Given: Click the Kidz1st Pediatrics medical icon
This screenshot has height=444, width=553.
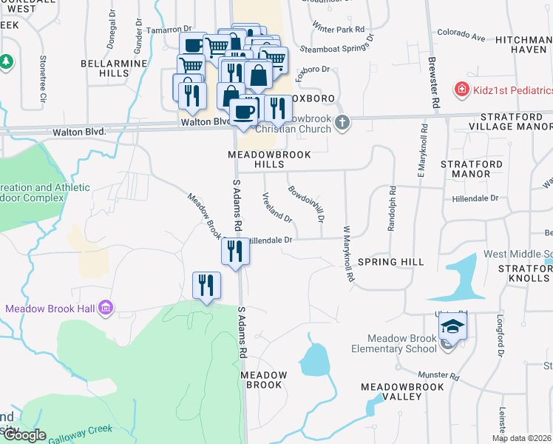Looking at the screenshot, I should coord(461,89).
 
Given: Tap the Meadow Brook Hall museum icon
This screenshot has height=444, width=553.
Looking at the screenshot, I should coord(106,307).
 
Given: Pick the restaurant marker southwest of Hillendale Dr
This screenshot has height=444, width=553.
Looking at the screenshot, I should coord(206,284).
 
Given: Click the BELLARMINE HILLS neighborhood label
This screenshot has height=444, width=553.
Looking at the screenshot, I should coord(114,69).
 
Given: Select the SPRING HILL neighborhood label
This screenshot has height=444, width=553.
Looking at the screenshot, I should coord(390,262).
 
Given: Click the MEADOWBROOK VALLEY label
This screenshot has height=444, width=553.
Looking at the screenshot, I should coord(402,391).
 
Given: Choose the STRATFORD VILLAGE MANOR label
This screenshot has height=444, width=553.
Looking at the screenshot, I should coord(515,122).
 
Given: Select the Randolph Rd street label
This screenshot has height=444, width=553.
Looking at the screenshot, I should coord(392,209).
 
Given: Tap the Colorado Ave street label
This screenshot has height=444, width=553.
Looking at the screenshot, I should coord(461,34).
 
